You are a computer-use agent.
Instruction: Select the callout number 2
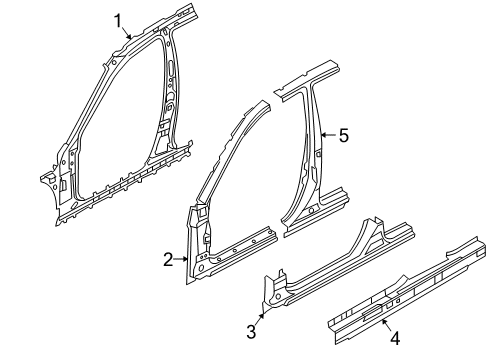coord(168,260)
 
